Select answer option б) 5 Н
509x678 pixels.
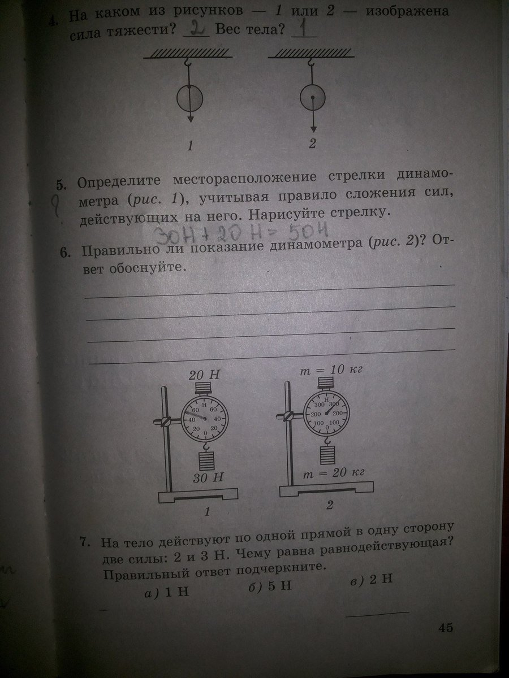270,585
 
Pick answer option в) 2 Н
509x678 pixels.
372,580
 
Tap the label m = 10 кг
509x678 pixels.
330,370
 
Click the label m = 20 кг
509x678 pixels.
333,471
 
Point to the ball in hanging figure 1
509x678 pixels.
189,99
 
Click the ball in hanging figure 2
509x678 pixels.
312,98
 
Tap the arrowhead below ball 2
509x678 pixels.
312,130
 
